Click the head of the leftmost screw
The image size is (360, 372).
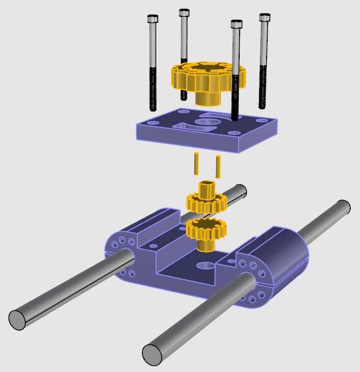[x=152, y=19]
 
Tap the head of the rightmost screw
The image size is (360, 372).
[x=264, y=18]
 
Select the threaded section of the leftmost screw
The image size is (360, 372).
[x=152, y=89]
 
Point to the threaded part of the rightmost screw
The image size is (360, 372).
[x=263, y=87]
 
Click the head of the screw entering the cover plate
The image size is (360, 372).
[x=236, y=24]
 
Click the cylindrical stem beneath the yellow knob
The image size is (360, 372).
[x=208, y=97]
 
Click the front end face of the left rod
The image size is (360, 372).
[x=17, y=319]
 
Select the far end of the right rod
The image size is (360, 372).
[x=343, y=208]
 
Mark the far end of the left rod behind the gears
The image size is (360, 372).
[x=240, y=191]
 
